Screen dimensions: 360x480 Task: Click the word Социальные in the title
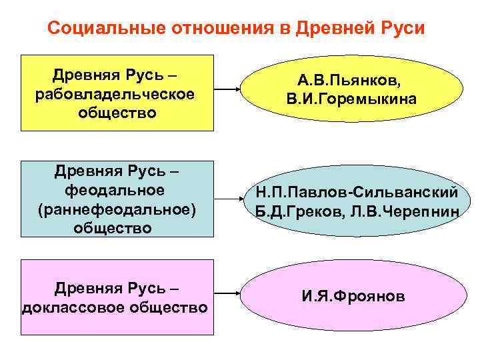99,29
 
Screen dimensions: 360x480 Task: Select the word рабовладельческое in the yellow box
117,93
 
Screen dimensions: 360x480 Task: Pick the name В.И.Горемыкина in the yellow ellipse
351,100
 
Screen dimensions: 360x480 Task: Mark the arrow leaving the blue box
226,199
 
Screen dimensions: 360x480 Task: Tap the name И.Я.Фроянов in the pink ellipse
353,295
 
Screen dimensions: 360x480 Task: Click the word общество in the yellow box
117,113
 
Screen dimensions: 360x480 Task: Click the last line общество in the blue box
117,229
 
